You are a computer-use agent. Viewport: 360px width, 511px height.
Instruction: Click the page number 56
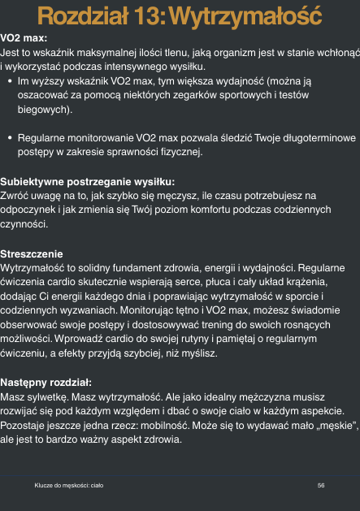(x=321, y=484)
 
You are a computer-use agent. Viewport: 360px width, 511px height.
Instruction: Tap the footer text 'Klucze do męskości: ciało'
(x=68, y=484)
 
